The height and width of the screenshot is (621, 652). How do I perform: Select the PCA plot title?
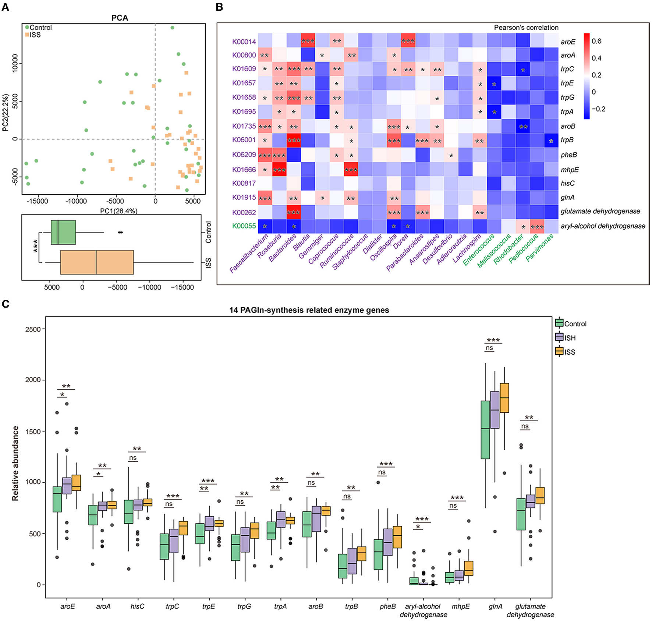pyautogui.click(x=120, y=18)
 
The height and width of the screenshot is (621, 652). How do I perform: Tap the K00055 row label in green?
pyautogui.click(x=244, y=226)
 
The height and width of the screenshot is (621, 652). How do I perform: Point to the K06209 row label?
pyautogui.click(x=244, y=155)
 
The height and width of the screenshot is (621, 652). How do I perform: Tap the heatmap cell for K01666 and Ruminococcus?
pyautogui.click(x=351, y=169)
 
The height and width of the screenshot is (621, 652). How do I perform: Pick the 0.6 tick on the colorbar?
pyautogui.click(x=596, y=41)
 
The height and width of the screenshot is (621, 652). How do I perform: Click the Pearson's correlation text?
pyautogui.click(x=526, y=28)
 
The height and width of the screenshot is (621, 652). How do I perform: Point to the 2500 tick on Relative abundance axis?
pyautogui.click(x=33, y=329)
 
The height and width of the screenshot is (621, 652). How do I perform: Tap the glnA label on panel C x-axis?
pyautogui.click(x=495, y=606)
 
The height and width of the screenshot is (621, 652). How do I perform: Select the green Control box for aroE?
pyautogui.click(x=57, y=499)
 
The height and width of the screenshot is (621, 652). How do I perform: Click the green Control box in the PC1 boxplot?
pyautogui.click(x=63, y=232)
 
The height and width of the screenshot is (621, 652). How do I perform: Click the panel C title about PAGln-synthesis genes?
pyautogui.click(x=309, y=310)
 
